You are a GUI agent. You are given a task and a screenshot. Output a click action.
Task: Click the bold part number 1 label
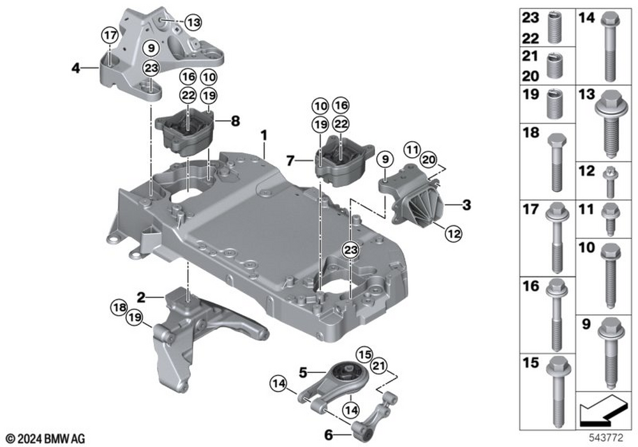[x=263, y=136]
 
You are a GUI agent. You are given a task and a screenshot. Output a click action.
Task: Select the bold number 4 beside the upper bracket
[x=75, y=66]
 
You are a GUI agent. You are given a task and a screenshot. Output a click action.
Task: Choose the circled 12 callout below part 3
[x=453, y=234]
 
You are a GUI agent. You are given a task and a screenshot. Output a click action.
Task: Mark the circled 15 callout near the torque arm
[x=363, y=353]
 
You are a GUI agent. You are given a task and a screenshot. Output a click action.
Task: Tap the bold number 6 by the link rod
[x=329, y=435]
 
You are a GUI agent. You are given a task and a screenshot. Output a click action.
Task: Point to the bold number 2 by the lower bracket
[x=140, y=297]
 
